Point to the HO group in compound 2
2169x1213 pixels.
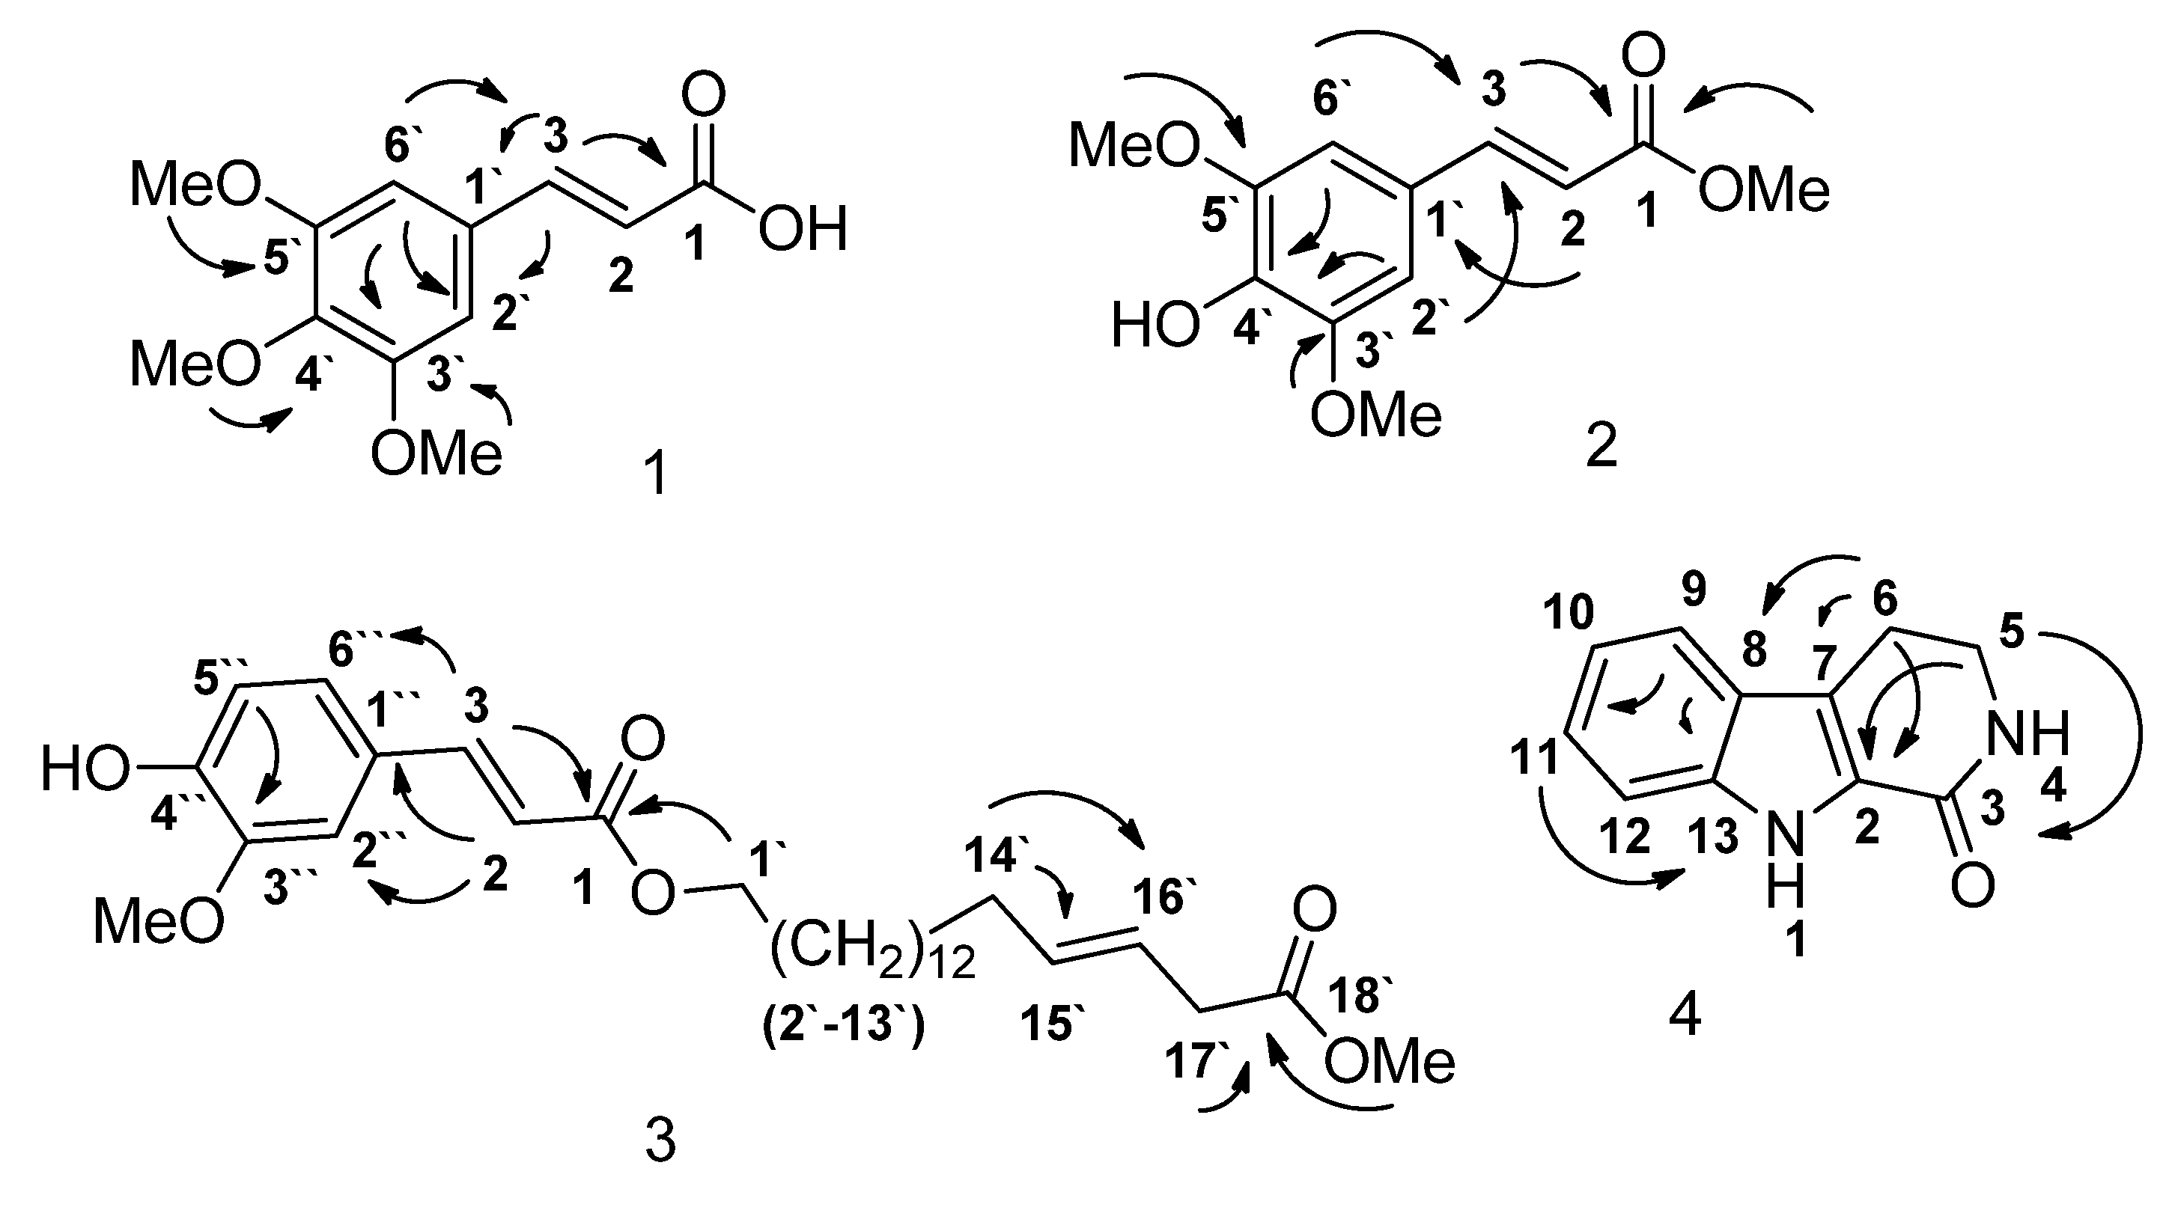1155,326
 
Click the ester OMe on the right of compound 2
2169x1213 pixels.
1764,190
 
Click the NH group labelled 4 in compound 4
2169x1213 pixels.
2027,733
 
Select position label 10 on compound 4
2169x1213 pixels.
1569,612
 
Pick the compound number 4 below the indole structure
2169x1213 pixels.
1684,1016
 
